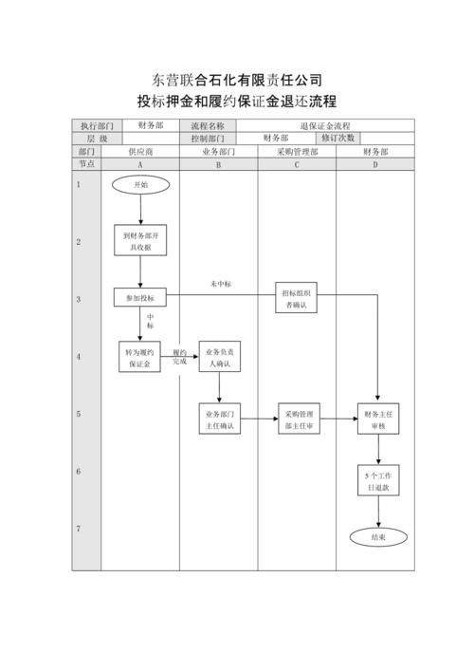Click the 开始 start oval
pyautogui.click(x=140, y=184)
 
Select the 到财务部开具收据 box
pyautogui.click(x=140, y=241)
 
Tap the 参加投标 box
pyautogui.click(x=140, y=298)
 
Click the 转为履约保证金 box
pyautogui.click(x=140, y=357)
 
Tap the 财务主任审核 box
pyautogui.click(x=377, y=419)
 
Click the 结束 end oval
pyautogui.click(x=377, y=536)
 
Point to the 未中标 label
pyautogui.click(x=221, y=285)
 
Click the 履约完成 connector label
pyautogui.click(x=179, y=357)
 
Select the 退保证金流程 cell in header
pyautogui.click(x=325, y=125)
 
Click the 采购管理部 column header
pyautogui.click(x=297, y=151)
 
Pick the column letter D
pyautogui.click(x=376, y=164)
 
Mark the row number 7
pyautogui.click(x=79, y=528)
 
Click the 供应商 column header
pyautogui.click(x=140, y=151)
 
